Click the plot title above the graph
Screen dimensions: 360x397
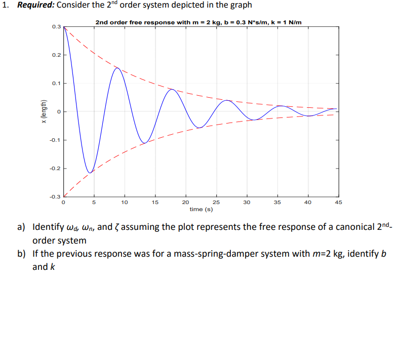click(202, 22)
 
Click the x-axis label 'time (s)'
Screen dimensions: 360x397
click(201, 209)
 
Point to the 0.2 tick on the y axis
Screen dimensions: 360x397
click(56, 55)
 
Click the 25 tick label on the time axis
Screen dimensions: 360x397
click(216, 202)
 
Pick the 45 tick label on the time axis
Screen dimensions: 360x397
click(339, 202)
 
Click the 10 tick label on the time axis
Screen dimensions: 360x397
click(125, 202)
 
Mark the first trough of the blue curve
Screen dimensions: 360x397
click(90, 173)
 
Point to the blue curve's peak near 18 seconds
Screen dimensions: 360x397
click(172, 89)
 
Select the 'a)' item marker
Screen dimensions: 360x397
click(22, 227)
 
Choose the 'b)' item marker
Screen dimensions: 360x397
click(22, 254)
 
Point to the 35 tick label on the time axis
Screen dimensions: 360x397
click(277, 202)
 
